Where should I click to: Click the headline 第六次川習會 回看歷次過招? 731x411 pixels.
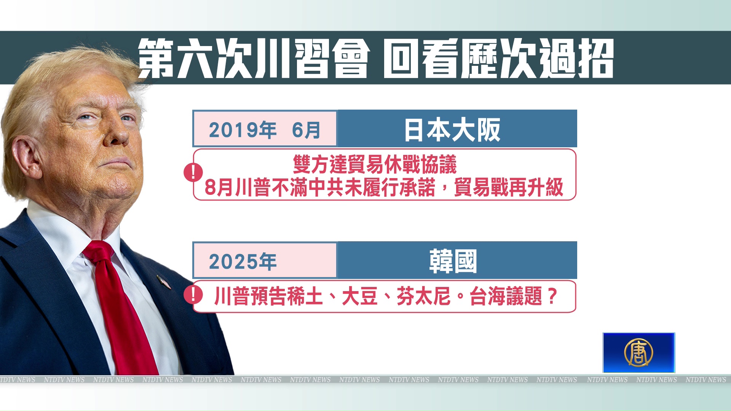376,58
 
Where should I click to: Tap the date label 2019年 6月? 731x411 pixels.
265,130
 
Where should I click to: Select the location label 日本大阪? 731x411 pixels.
452,130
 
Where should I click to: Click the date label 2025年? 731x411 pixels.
243,261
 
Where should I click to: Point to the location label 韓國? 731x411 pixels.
453,261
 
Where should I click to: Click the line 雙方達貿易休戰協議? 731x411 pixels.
375,164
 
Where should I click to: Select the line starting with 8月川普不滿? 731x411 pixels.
384,187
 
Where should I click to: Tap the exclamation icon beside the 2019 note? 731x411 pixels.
193,172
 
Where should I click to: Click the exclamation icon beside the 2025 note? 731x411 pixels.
193,295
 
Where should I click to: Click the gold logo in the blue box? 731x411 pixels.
638,352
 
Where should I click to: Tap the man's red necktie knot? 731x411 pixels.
98,252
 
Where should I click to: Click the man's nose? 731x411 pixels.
117,135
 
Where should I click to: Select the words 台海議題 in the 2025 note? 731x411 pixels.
506,296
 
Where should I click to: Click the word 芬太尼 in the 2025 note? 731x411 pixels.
424,296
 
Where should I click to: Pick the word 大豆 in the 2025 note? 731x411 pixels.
360,296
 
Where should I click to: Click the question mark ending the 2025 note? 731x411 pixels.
552,296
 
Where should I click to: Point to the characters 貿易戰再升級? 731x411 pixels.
509,187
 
